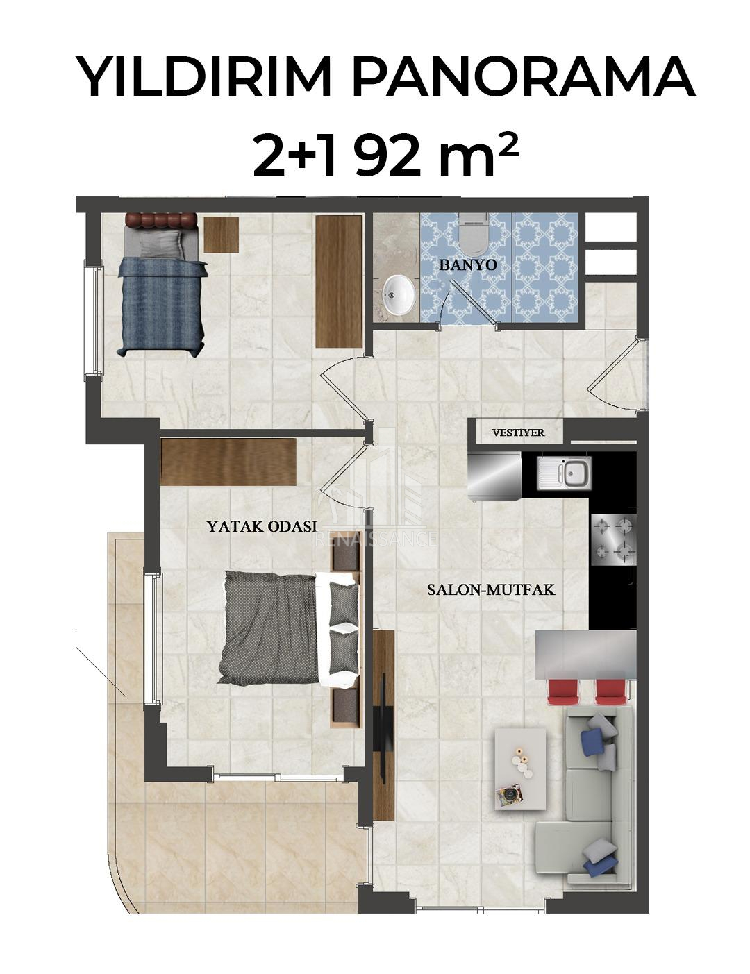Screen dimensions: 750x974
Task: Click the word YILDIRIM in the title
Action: pos(205,77)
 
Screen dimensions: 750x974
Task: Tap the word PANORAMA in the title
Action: pos(523,77)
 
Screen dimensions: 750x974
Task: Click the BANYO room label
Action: pos(468,265)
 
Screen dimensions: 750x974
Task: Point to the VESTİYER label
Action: pos(518,433)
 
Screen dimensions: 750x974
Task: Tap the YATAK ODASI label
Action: pos(262,526)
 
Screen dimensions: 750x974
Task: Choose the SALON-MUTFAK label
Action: pos(490,589)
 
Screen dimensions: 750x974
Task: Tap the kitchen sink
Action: pos(564,473)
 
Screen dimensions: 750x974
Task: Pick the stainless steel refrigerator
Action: pos(495,475)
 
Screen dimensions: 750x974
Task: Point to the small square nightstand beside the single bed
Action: pos(221,234)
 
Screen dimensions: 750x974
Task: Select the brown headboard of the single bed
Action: pos(160,219)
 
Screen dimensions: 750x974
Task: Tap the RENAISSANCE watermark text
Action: pos(376,539)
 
